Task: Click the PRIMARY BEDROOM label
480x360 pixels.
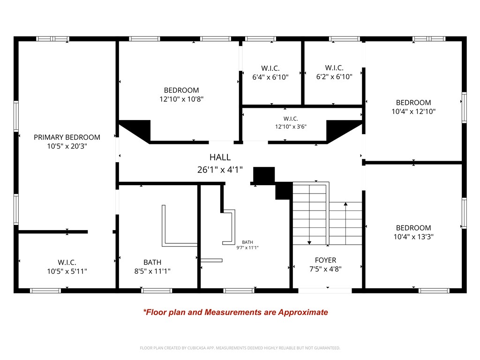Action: pos(67,137)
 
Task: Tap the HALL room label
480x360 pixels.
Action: pos(220,157)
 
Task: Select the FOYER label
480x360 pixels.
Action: pos(325,260)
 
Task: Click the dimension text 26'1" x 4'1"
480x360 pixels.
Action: pos(220,170)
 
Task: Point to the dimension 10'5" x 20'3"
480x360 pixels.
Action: pos(67,146)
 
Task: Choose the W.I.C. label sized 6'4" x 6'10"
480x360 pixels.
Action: pos(270,68)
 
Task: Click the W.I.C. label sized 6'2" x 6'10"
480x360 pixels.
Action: pos(334,68)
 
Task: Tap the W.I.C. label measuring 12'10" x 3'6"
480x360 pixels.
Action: pos(291,119)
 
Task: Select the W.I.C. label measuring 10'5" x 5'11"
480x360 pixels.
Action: pos(67,262)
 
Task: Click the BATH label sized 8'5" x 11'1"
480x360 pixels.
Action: pos(152,262)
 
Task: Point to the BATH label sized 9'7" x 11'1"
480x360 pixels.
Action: pos(247,242)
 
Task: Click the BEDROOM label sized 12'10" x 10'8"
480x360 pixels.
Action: pos(181,90)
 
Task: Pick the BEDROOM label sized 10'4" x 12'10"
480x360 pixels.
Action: pos(413,103)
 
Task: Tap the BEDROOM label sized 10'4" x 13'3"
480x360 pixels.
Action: pos(413,228)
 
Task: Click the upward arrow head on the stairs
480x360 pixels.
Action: pos(345,204)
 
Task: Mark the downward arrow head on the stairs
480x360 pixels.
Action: pos(309,242)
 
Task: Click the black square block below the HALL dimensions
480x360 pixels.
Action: pos(263,175)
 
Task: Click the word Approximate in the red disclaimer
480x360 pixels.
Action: pos(303,312)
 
